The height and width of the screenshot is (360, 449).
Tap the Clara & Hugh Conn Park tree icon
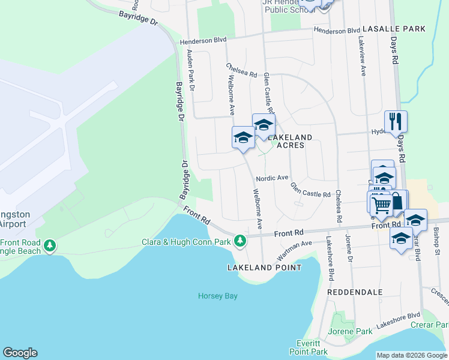point(240,241)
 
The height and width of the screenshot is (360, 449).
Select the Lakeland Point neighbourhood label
point(264,268)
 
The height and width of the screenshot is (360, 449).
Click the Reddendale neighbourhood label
point(355,292)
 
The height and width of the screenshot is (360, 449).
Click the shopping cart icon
point(381,205)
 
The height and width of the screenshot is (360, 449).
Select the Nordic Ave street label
point(273,178)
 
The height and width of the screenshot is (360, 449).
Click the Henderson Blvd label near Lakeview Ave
point(337,31)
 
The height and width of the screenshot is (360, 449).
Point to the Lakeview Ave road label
point(362,58)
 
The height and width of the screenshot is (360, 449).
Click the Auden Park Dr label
point(191,71)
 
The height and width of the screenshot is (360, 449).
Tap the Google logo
point(20,353)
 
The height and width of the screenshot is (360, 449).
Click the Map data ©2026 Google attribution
point(412,355)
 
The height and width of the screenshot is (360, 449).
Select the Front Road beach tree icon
point(50,245)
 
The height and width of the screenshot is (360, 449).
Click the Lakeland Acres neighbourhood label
point(290,141)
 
